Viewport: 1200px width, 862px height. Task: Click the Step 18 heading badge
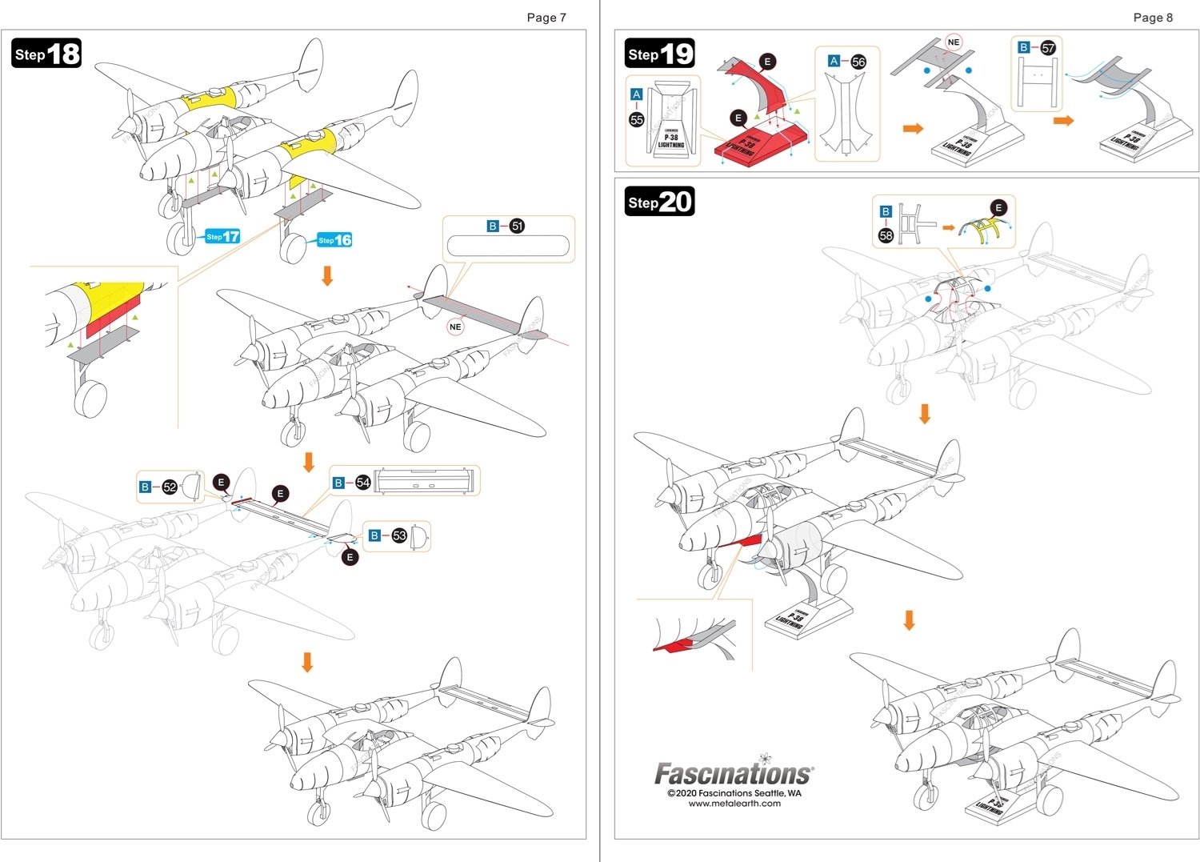[x=47, y=54]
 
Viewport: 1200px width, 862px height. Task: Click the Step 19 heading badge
[x=660, y=54]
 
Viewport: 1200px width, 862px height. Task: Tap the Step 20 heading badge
[x=659, y=202]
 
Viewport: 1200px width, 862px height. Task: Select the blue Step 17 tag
[x=222, y=236]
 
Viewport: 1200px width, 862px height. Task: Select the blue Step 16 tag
[x=334, y=240]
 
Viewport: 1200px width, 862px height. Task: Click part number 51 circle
[x=518, y=227]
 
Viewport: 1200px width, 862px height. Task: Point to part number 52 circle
[x=170, y=487]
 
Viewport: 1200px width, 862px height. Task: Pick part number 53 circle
[x=399, y=535]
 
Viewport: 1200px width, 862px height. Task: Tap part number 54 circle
[x=363, y=483]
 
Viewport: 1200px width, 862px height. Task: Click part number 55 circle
[x=637, y=119]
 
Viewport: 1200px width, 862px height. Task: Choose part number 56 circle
[x=858, y=62]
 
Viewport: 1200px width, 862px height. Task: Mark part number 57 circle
[x=1048, y=48]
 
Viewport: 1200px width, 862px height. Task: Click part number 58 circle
[x=886, y=235]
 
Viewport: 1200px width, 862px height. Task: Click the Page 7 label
[x=546, y=18]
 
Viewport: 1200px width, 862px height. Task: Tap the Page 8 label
[x=1153, y=18]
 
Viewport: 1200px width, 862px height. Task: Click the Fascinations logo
[x=734, y=773]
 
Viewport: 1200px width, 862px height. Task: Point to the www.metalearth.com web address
[x=734, y=804]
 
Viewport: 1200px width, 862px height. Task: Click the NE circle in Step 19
[x=953, y=42]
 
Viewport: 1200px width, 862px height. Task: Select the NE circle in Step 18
[x=455, y=327]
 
